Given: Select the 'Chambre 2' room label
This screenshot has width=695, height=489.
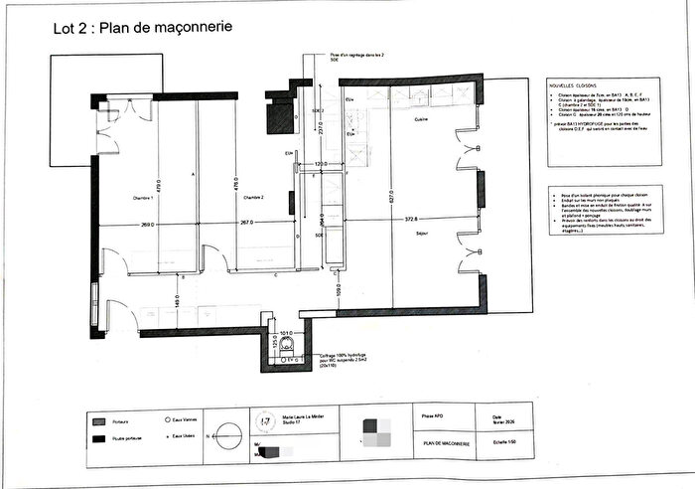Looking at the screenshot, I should click(x=247, y=198).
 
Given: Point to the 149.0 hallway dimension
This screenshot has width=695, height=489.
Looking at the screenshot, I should click(x=177, y=299).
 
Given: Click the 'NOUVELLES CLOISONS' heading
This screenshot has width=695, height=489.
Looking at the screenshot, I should click(x=571, y=86).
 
